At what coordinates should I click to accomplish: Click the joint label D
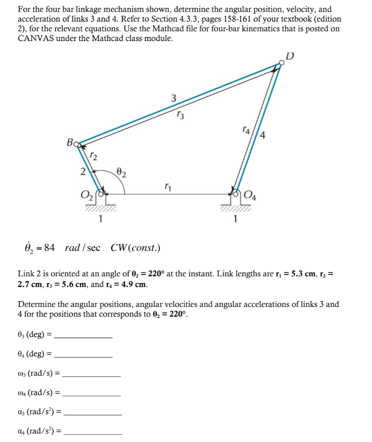pyautogui.click(x=290, y=56)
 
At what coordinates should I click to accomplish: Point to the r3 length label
pyautogui.click(x=181, y=115)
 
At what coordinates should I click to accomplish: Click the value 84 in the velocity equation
pyautogui.click(x=49, y=248)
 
